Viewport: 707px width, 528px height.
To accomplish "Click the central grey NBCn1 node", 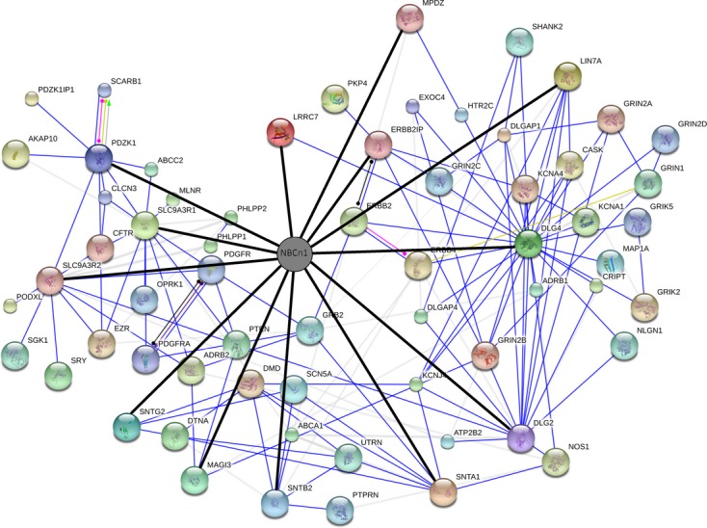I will (294, 254).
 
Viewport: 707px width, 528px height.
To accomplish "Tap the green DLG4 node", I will (529, 242).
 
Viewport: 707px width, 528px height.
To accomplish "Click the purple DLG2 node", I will (522, 438).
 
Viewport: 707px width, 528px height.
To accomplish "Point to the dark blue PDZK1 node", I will (99, 158).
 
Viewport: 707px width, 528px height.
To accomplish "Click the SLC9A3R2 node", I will (50, 281).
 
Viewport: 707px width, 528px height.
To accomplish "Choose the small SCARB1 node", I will (104, 91).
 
